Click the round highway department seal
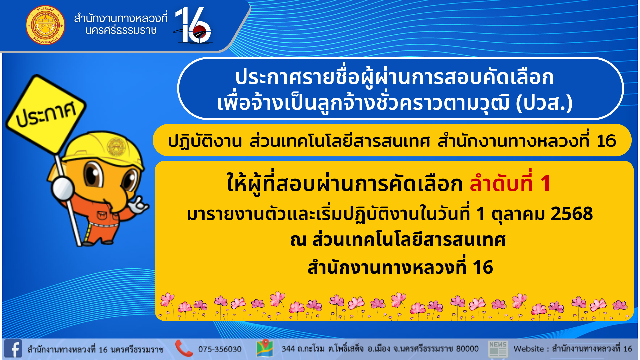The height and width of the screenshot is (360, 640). coord(45,25)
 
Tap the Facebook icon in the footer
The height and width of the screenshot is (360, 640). coord(13,349)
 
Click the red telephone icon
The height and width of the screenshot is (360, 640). coord(184,348)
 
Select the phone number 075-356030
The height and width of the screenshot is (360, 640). coord(220,349)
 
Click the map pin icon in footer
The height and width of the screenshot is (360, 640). coord(265,348)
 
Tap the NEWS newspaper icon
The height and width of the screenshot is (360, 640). coord(498,349)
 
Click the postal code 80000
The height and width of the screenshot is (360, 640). coord(467,349)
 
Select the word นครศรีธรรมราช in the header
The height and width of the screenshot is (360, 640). coord(121,30)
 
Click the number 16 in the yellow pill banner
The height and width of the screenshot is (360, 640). coord(606,141)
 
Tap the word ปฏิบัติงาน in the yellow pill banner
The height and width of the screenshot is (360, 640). coord(205,141)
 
